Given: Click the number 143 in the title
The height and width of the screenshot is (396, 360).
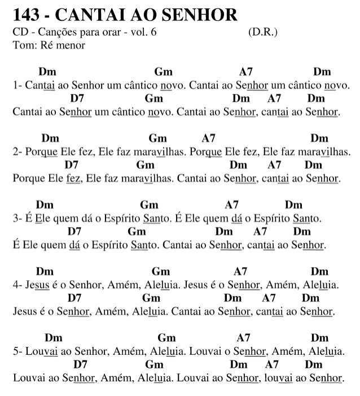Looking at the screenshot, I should tap(26, 15).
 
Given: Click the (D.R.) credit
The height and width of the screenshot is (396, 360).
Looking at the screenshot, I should tap(262, 33).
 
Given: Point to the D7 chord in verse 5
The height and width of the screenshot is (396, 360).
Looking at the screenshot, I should tap(81, 364).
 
